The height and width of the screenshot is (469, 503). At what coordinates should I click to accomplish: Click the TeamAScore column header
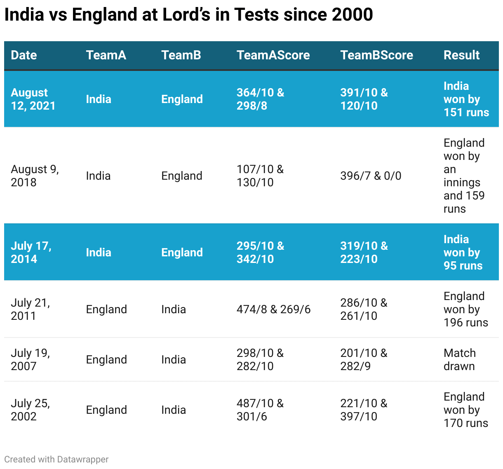(273, 55)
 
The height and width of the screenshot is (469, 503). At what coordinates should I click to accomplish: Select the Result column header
(461, 55)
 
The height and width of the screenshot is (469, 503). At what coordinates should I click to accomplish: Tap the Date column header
(24, 55)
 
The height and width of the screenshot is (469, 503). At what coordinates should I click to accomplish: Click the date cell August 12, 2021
(33, 99)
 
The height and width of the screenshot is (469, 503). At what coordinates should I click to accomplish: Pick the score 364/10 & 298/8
(260, 99)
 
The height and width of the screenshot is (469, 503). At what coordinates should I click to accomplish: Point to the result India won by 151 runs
(466, 99)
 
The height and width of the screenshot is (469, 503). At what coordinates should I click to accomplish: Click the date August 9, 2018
(35, 176)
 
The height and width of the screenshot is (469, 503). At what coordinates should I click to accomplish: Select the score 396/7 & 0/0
(371, 176)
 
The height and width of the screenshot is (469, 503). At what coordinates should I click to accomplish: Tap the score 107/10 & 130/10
(260, 176)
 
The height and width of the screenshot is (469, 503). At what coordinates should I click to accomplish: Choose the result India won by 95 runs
(463, 253)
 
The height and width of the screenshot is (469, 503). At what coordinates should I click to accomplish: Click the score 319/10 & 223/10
(364, 253)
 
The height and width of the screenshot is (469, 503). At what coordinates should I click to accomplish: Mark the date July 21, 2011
(30, 310)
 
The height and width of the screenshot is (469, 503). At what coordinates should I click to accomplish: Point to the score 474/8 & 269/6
(273, 310)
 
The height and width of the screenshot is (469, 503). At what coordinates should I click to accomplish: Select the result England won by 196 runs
(465, 310)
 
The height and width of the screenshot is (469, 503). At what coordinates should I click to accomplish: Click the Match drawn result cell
(459, 360)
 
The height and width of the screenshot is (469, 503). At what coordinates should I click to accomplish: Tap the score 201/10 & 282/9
(364, 360)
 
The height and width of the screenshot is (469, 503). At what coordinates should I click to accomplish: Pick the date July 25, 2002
(30, 410)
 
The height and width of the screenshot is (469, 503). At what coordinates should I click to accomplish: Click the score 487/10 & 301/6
(260, 410)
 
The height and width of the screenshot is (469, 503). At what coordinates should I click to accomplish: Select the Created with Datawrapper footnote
(56, 460)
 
